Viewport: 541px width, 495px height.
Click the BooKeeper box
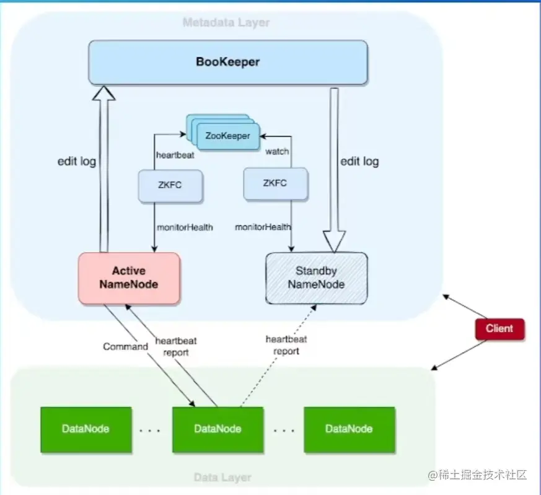click(x=227, y=62)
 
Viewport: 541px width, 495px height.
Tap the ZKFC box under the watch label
click(x=276, y=184)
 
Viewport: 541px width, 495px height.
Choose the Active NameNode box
click(x=129, y=278)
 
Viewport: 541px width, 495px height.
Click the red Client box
click(x=499, y=328)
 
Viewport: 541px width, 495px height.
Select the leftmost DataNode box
click(x=86, y=429)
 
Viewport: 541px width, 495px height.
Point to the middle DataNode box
click(x=218, y=429)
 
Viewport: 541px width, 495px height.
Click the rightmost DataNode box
click(x=349, y=429)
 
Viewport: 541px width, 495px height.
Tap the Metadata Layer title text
click(x=226, y=23)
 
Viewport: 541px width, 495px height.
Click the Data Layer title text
click(x=222, y=478)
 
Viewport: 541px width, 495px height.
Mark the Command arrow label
click(x=125, y=346)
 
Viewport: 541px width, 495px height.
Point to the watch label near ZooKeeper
click(x=277, y=151)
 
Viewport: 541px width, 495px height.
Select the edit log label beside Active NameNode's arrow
click(x=76, y=162)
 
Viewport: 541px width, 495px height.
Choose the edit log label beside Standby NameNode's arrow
click(x=359, y=162)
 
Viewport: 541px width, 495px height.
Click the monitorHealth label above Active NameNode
click(x=185, y=227)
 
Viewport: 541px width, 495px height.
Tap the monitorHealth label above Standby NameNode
click(x=263, y=227)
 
